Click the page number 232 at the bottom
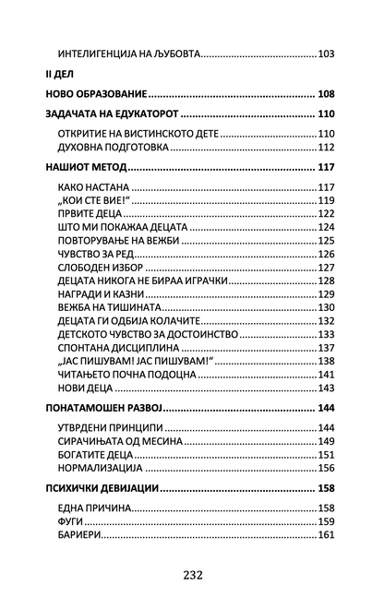tap(192, 573)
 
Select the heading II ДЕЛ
tap(60, 72)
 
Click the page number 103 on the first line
tap(326, 54)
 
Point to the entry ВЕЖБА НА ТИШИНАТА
tap(108, 306)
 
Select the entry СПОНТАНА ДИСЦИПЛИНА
tap(114, 347)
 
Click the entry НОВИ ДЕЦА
tap(85, 388)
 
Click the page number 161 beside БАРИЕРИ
tap(326, 534)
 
